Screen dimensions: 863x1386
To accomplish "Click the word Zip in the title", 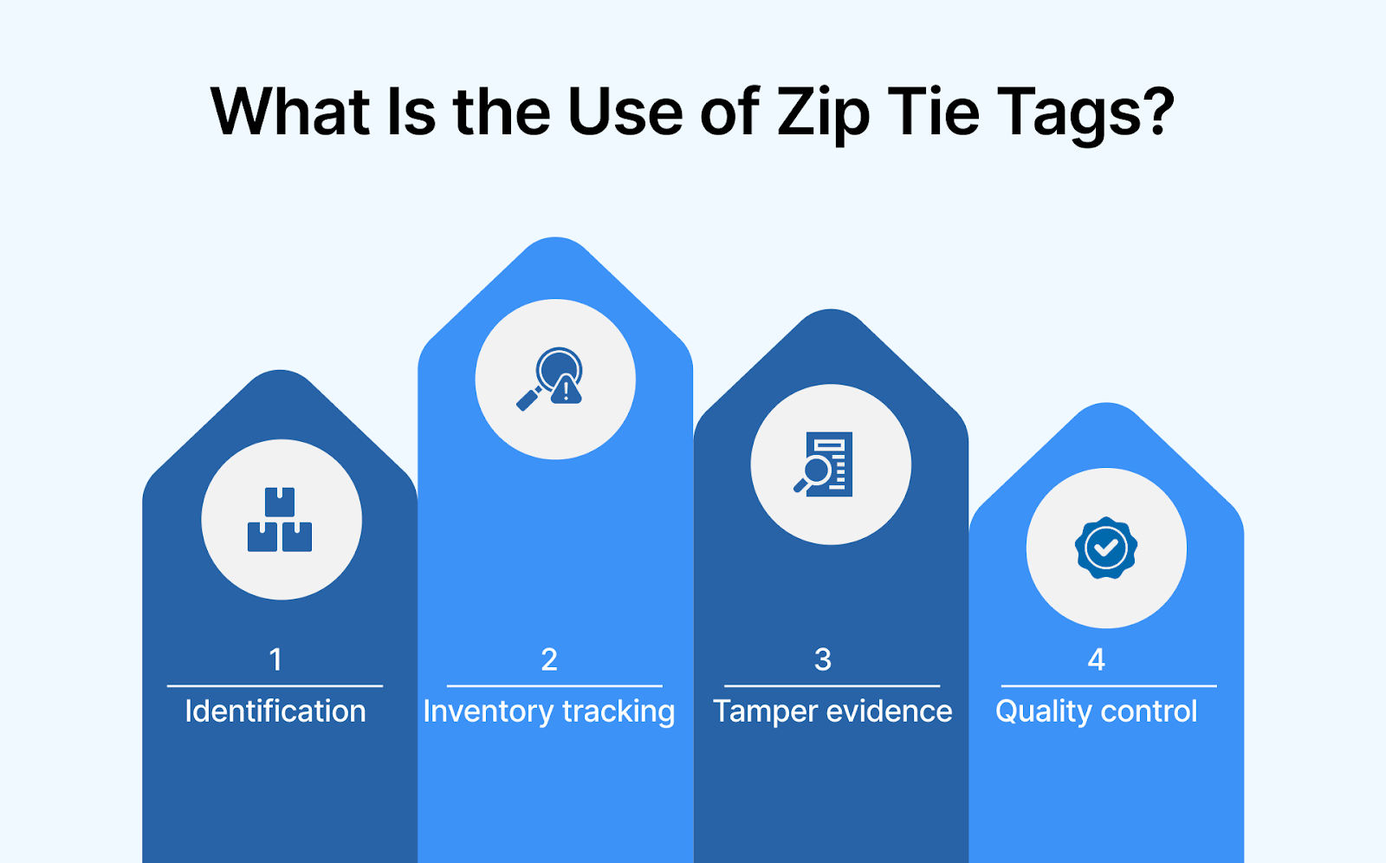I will point(823,114).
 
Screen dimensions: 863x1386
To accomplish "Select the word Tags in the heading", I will point(1068,114).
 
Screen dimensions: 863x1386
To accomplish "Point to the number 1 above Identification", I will point(275,660).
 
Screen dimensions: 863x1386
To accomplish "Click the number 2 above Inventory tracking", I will point(549,660).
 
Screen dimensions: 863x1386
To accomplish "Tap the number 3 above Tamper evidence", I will point(823,660).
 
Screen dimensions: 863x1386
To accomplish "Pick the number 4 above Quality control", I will point(1097,660).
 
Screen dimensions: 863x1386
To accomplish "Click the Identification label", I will point(275,711).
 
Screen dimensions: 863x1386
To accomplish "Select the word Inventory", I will point(488,711).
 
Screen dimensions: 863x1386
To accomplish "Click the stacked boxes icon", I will point(280,520).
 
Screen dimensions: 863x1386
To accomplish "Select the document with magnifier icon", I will point(825,464).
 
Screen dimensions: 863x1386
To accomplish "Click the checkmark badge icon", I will point(1106,548).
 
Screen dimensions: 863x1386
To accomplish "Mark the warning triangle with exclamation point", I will point(567,391).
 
